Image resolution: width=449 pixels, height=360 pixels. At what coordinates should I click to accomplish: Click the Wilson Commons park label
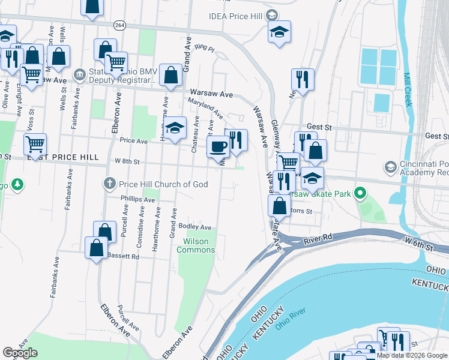tap(195, 245)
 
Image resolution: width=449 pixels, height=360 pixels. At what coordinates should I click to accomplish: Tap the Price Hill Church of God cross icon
tap(109, 184)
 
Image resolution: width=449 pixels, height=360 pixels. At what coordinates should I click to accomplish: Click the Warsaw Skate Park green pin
tap(360, 194)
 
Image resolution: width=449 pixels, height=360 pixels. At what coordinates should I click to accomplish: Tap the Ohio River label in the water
tap(291, 319)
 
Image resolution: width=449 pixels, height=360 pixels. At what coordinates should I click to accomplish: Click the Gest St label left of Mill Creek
tap(319, 127)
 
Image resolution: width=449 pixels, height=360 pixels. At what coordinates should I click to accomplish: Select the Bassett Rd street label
tap(122, 256)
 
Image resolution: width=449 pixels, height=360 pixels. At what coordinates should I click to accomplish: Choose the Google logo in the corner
tap(20, 353)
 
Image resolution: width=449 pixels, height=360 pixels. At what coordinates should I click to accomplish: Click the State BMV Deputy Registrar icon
tap(79, 76)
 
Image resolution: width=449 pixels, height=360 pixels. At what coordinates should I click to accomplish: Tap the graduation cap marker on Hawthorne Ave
tap(175, 128)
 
